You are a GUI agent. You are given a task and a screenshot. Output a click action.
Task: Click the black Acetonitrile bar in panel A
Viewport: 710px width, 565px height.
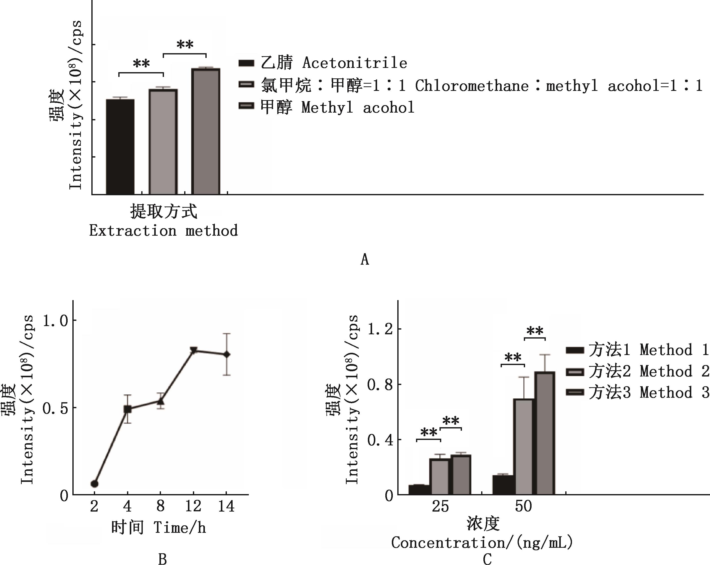click(120, 147)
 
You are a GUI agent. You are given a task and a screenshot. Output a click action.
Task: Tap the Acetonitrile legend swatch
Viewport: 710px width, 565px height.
click(246, 63)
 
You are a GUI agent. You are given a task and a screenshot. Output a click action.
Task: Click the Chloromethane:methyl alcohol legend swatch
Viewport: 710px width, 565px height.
click(246, 84)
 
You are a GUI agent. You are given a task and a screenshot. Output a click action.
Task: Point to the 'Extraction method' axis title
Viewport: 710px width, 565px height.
click(163, 231)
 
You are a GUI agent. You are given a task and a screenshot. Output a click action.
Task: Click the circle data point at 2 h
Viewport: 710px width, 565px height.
click(95, 484)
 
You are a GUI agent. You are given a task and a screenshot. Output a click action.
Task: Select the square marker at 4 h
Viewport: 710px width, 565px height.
click(128, 409)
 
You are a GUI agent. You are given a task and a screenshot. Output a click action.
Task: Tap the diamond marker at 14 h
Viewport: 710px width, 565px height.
click(226, 355)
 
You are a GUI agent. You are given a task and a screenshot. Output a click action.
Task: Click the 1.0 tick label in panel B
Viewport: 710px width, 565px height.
click(55, 321)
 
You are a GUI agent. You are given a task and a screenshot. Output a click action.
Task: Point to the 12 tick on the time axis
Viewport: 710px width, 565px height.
click(193, 506)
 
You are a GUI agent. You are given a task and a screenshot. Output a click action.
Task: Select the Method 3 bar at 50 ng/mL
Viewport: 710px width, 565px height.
click(545, 433)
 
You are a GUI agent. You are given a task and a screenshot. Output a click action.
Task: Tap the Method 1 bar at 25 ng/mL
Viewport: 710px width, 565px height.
click(419, 490)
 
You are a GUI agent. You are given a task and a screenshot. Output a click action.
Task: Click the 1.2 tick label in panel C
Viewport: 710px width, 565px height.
click(380, 329)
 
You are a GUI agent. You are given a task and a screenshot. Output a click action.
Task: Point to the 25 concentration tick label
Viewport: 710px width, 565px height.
click(440, 506)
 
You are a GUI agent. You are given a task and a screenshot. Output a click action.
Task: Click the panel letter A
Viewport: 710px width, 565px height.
click(365, 260)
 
